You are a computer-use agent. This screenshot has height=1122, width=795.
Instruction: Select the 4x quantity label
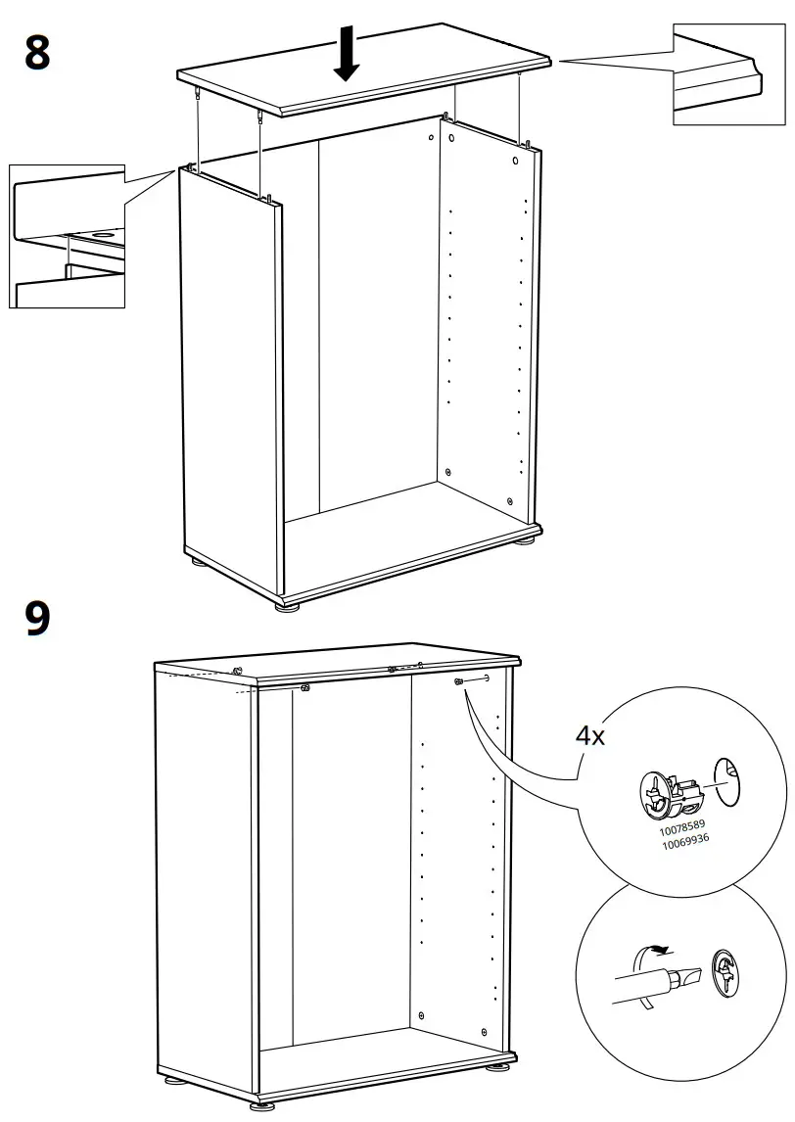pyautogui.click(x=589, y=735)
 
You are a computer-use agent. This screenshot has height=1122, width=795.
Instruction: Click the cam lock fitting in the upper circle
pyautogui.click(x=665, y=794)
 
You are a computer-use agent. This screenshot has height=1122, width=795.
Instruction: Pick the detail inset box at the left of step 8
pyautogui.click(x=67, y=236)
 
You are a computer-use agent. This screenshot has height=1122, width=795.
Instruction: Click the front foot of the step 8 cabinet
pyautogui.click(x=287, y=606)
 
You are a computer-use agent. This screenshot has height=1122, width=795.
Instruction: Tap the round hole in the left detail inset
pyautogui.click(x=102, y=236)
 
